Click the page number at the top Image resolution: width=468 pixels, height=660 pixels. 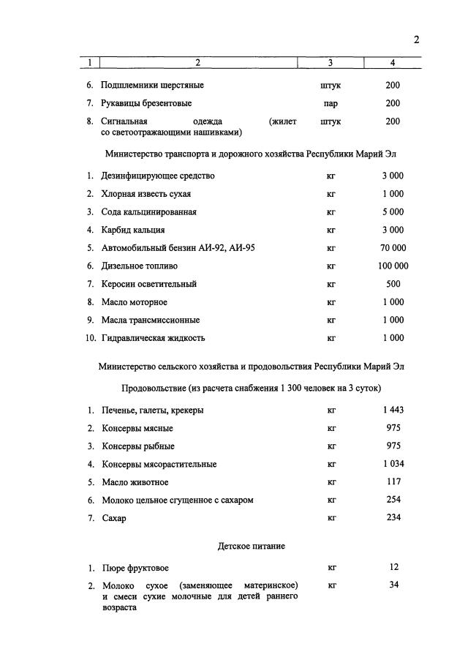416,40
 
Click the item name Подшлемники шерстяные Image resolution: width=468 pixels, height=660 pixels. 152,86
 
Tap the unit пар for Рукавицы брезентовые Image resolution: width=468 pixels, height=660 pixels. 331,104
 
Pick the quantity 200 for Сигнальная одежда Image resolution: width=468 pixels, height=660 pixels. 393,121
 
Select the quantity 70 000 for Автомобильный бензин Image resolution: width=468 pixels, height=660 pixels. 393,248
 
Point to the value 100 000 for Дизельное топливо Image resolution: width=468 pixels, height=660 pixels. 393,266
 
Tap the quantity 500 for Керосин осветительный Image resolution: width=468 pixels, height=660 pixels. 393,284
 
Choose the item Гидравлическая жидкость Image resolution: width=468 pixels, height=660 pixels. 153,338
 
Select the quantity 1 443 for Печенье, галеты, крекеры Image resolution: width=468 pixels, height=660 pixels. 393,410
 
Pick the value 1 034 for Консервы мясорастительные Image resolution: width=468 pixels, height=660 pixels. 393,464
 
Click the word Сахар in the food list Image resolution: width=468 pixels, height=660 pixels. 113,519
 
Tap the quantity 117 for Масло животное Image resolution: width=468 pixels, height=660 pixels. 393,482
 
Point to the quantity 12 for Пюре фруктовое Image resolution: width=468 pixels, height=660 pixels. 393,567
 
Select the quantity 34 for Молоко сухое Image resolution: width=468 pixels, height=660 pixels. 393,585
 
